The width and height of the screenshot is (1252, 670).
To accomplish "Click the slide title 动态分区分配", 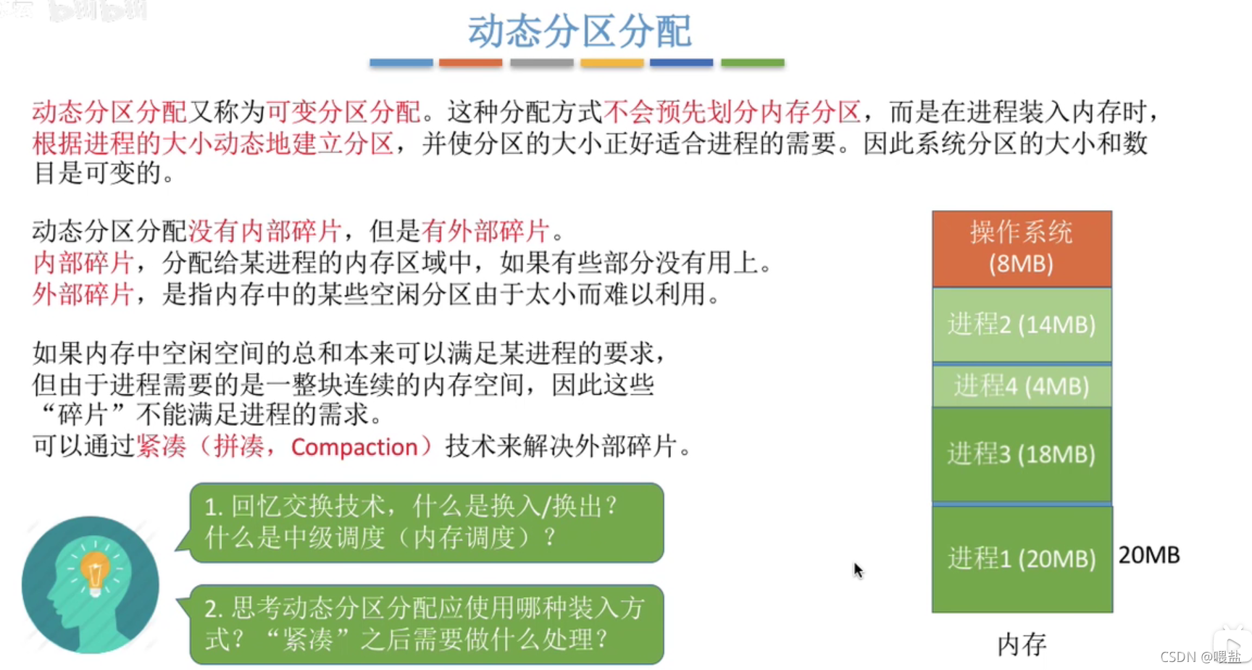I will coord(579,32).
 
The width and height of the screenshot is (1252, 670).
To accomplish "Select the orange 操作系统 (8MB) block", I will coord(1022,248).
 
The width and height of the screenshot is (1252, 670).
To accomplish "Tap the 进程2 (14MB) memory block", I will coord(1022,324).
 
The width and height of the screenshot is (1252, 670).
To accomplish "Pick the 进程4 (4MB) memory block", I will coord(1022,386).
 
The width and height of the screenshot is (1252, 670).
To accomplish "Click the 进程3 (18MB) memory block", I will coord(1022,454).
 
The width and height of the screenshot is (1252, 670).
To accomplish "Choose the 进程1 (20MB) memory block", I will coord(1022,558).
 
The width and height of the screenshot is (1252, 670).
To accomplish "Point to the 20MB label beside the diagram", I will coord(1149,556).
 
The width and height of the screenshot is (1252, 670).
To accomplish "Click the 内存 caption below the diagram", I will coord(1022,644).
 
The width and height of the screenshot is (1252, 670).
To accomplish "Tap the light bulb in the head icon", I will coord(95,572).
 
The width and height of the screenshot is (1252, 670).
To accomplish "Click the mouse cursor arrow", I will coord(858,570).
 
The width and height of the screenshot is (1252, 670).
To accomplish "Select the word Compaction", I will coord(354,447).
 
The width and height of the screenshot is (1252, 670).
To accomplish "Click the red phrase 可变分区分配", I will coord(343,112).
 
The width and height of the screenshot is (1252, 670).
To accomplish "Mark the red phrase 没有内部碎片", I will coord(265,231).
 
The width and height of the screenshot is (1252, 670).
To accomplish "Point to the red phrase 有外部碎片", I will coord(485,231).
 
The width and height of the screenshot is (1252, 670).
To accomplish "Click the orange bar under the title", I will coord(470,63).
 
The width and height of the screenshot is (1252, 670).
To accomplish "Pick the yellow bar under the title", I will coord(612,63).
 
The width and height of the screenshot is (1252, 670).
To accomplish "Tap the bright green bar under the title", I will coord(753,63).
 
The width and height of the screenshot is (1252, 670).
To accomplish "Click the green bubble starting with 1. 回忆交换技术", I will coord(426,522).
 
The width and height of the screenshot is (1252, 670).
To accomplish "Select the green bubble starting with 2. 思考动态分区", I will coord(426,624).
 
